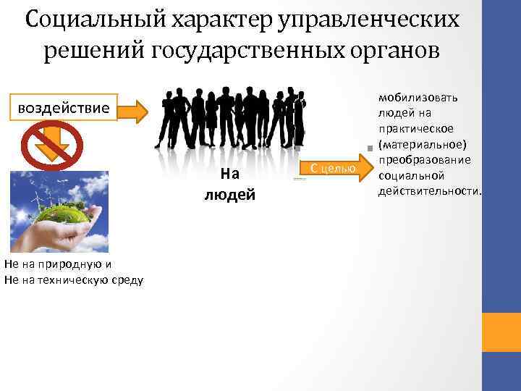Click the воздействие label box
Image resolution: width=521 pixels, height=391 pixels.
click(x=64, y=109)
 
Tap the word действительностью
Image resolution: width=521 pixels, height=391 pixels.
click(x=429, y=190)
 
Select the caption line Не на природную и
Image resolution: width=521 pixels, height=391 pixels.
click(x=58, y=264)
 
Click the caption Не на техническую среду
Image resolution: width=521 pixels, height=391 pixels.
click(x=73, y=279)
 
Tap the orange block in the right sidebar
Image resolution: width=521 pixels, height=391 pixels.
click(x=501, y=332)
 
